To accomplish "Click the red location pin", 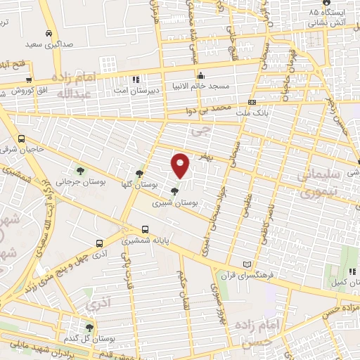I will coord(181,166).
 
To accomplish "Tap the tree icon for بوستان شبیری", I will coord(174,189).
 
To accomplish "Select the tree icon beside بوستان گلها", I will coord(139,173).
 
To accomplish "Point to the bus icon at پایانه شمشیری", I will coord(145,229).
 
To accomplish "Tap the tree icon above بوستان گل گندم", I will coord(89,327).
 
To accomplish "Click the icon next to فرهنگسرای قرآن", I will coord(245,264).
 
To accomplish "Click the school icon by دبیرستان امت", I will coord(136,79).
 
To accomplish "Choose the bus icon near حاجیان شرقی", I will coord(22,139).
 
